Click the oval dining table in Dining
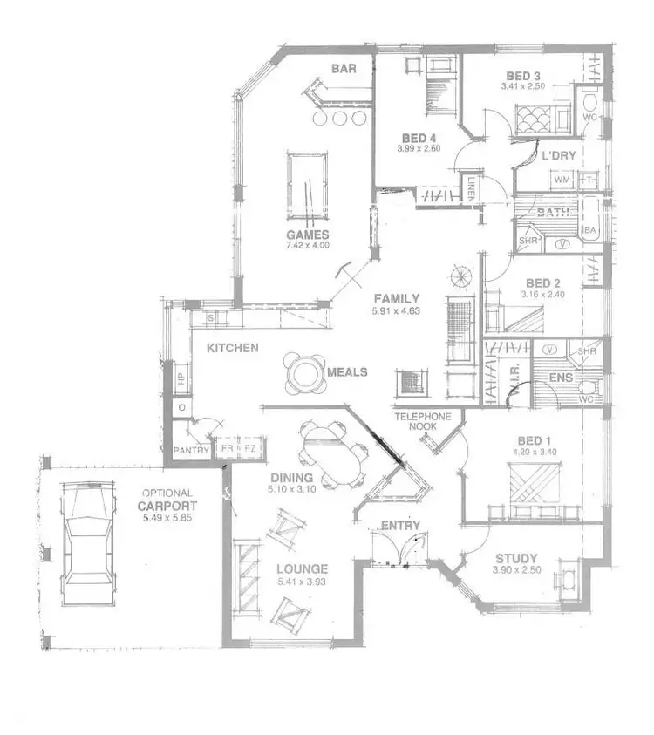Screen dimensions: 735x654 331,453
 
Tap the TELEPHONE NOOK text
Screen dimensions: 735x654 423,422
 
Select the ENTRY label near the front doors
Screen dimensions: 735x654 400,526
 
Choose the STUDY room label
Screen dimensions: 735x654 516,559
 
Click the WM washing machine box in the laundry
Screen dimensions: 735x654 561,180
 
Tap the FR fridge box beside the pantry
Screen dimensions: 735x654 228,448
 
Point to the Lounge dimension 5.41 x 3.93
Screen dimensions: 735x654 300,582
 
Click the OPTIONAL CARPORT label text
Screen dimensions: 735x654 167,500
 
